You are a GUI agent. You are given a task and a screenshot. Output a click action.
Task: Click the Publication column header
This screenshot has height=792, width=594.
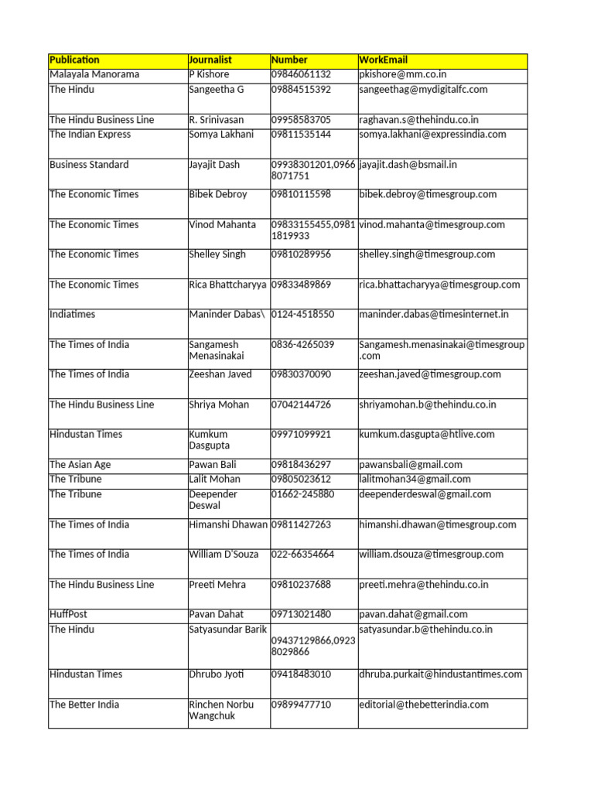[x=75, y=60]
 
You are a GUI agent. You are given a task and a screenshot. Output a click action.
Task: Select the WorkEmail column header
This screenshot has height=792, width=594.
[x=384, y=60]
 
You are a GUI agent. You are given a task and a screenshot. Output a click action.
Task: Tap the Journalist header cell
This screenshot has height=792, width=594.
[x=210, y=60]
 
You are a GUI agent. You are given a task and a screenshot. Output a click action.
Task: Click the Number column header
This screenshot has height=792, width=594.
[x=289, y=60]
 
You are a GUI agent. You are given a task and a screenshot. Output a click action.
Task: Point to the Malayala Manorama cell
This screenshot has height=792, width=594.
[x=94, y=74]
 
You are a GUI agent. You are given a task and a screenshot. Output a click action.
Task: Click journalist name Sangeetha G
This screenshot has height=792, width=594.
[x=217, y=90]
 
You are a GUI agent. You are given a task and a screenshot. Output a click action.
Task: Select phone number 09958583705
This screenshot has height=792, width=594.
[x=301, y=120]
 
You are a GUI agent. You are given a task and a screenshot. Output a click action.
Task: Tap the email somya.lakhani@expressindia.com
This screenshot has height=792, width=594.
[x=432, y=135]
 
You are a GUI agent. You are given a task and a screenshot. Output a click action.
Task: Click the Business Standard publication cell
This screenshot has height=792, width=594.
[x=89, y=165]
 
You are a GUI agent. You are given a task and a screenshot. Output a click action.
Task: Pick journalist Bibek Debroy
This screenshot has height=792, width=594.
[x=218, y=194]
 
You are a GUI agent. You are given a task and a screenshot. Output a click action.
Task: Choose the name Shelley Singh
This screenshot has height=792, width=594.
[x=217, y=254]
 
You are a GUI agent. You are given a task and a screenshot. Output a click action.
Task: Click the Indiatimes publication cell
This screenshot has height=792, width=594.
[x=73, y=315]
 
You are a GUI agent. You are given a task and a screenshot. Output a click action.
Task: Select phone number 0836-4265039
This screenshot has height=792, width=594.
[x=302, y=345]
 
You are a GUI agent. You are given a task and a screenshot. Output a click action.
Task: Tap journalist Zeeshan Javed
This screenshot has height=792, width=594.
[x=220, y=374]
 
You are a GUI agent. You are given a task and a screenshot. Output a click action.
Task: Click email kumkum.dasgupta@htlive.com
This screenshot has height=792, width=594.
[x=426, y=435]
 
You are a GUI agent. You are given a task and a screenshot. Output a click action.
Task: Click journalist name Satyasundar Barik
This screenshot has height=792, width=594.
[x=228, y=630]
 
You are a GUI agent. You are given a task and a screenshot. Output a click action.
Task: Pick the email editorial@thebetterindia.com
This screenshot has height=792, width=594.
[x=424, y=705]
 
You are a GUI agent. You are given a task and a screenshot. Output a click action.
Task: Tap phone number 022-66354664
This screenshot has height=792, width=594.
[x=302, y=555]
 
